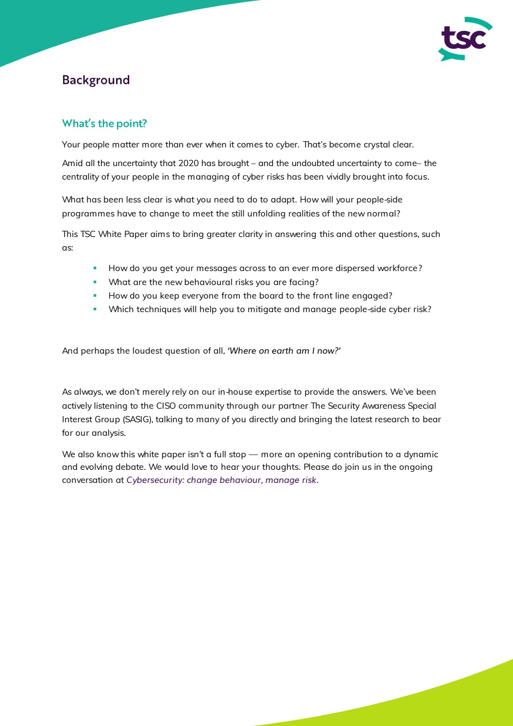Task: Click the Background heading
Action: (x=96, y=80)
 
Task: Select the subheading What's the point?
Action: (x=104, y=124)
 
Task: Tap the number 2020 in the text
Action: (x=188, y=163)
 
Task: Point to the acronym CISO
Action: (x=166, y=406)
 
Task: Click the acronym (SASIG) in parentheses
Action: (x=138, y=419)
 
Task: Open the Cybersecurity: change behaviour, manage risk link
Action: (x=221, y=480)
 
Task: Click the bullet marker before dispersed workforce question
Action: (x=95, y=268)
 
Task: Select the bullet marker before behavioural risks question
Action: (x=95, y=282)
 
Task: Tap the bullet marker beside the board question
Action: (x=95, y=295)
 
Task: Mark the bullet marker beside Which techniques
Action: (x=95, y=309)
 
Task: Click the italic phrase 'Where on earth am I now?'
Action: (x=284, y=351)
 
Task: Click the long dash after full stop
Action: (x=253, y=454)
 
